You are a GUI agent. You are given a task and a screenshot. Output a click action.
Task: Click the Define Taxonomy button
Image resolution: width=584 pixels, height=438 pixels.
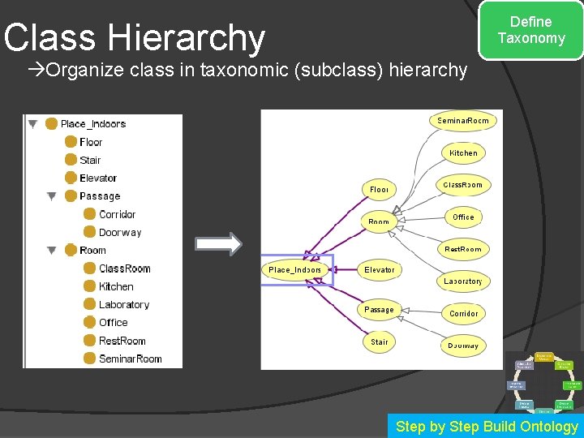pyautogui.click(x=531, y=30)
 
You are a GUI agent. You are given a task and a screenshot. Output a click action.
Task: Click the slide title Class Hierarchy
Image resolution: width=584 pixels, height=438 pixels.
pyautogui.click(x=135, y=37)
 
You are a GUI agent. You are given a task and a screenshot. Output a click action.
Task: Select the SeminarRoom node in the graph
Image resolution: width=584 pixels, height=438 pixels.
pyautogui.click(x=463, y=121)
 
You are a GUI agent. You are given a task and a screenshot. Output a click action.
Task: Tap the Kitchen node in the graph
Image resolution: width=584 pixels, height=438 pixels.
pyautogui.click(x=463, y=152)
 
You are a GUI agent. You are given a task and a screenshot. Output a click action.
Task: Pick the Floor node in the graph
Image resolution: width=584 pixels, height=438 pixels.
pyautogui.click(x=379, y=189)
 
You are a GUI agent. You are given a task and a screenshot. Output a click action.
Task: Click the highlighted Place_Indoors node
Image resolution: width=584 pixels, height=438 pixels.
pyautogui.click(x=295, y=269)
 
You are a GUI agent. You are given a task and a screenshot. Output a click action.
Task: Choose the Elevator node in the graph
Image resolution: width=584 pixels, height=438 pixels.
pyautogui.click(x=379, y=269)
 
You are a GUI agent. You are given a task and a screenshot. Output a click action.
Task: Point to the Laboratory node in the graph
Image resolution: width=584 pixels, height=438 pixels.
pyautogui.click(x=463, y=281)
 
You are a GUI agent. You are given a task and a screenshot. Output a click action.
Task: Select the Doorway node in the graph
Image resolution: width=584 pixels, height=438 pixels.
pyautogui.click(x=463, y=346)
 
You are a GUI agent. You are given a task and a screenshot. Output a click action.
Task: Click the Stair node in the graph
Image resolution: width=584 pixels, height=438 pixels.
pyautogui.click(x=379, y=341)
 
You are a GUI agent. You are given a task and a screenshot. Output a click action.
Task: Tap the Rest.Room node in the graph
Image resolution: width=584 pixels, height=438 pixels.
pyautogui.click(x=463, y=249)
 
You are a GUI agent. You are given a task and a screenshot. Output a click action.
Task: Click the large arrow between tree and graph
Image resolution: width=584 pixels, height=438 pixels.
pyautogui.click(x=220, y=244)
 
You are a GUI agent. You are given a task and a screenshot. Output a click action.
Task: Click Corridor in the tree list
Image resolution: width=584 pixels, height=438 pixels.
pyautogui.click(x=117, y=214)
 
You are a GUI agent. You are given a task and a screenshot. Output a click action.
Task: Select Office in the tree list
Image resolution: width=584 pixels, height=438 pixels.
pyautogui.click(x=113, y=322)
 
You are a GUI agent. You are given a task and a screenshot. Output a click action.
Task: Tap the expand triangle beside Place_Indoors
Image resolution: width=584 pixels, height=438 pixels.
pyautogui.click(x=32, y=124)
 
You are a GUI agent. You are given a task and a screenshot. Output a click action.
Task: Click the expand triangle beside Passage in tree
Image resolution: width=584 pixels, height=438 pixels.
pyautogui.click(x=52, y=196)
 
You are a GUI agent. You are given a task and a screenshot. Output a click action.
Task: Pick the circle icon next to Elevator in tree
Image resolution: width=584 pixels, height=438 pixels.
pyautogui.click(x=71, y=178)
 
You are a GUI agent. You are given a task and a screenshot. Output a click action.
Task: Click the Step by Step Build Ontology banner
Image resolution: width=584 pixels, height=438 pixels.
pyautogui.click(x=486, y=427)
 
